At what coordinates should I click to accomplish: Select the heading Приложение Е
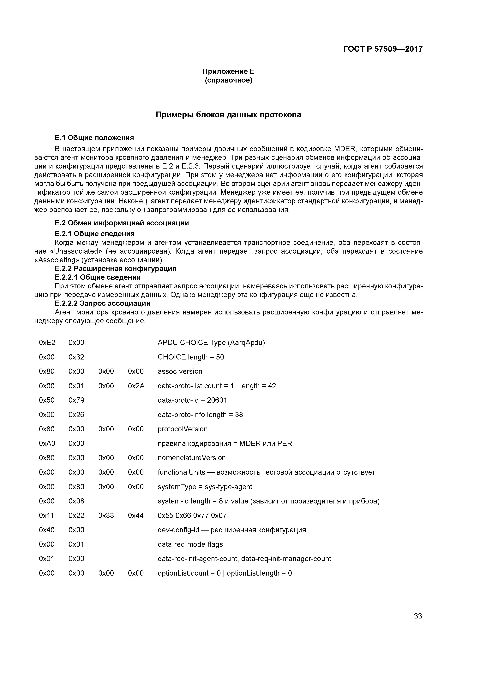(228, 72)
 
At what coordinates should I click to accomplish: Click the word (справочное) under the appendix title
(228, 80)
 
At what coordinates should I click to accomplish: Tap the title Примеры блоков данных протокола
(228, 115)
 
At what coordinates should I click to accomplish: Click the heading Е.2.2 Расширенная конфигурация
(115, 268)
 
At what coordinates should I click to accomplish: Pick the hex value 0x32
(76, 357)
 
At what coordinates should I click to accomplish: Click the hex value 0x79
(76, 400)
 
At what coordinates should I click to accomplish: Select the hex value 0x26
(76, 415)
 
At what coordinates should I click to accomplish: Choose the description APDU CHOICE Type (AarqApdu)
(211, 342)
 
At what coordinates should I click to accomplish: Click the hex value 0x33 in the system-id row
(106, 516)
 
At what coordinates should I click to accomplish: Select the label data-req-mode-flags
(190, 544)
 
